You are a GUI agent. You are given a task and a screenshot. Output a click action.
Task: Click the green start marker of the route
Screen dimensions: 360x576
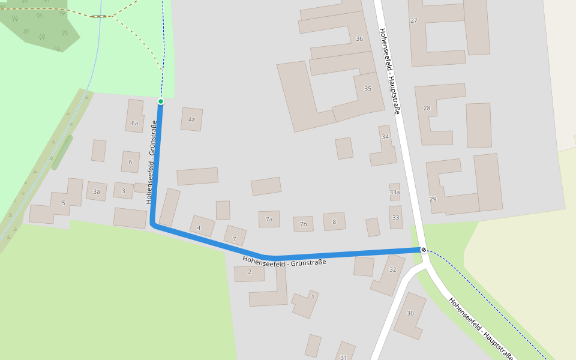point(161,101)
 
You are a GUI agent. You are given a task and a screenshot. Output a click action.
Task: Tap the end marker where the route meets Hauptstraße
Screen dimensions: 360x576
point(424,250)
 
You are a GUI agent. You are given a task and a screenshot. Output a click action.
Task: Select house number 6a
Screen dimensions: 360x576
point(134,124)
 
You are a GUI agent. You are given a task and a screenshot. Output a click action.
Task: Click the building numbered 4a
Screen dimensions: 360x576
point(191,119)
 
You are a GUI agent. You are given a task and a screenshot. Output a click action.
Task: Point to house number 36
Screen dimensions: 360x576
point(359,38)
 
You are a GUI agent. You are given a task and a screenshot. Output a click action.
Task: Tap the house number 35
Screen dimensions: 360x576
point(368,89)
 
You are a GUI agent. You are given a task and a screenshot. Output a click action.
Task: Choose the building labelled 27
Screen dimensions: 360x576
point(414,21)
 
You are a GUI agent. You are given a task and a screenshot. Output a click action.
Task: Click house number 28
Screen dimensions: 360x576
point(427,108)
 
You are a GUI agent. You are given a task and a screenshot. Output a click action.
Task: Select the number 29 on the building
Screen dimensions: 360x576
point(433,199)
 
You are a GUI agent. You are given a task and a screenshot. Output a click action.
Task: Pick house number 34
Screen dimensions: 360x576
point(385,137)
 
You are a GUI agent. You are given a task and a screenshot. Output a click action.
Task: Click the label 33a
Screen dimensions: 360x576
point(394,192)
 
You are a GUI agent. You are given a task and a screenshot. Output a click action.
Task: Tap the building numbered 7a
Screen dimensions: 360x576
point(269,219)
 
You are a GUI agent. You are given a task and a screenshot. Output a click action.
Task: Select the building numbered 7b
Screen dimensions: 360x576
point(304,224)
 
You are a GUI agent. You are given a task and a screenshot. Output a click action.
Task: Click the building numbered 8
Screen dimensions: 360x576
point(334,221)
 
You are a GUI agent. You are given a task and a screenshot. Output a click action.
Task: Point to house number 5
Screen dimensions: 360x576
point(63,203)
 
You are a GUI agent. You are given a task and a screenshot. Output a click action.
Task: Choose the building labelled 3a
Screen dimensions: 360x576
point(96,192)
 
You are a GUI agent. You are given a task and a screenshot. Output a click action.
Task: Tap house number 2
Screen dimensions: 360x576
point(249,272)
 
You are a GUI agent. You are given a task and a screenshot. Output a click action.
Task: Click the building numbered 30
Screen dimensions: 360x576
point(410,313)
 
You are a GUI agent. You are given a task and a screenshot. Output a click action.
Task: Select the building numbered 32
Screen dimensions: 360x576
point(393,269)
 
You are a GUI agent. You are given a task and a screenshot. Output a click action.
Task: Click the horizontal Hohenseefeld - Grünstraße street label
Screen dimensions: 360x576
point(284,261)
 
